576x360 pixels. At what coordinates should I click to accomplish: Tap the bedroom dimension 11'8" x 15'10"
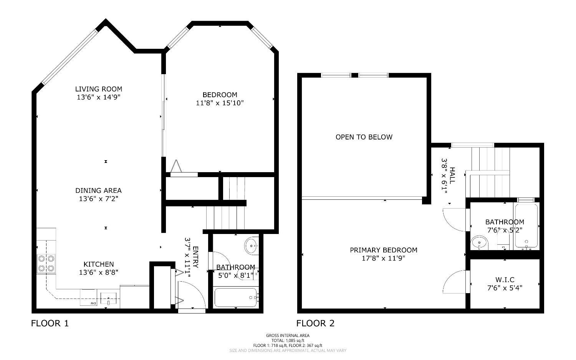click(220, 103)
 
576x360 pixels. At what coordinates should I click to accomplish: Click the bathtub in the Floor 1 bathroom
click(235, 297)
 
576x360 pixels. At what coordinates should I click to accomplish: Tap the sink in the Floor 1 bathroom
click(252, 245)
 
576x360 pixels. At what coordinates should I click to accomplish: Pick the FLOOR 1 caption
click(50, 324)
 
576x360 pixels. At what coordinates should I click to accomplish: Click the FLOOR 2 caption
click(315, 324)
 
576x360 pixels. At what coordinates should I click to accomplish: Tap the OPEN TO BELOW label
click(364, 137)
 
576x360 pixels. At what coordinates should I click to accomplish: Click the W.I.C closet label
click(505, 280)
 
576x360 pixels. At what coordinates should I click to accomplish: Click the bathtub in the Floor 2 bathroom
click(526, 226)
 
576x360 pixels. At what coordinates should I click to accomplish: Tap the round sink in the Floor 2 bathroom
click(479, 243)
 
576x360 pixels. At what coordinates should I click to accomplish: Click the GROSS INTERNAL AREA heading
click(288, 335)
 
